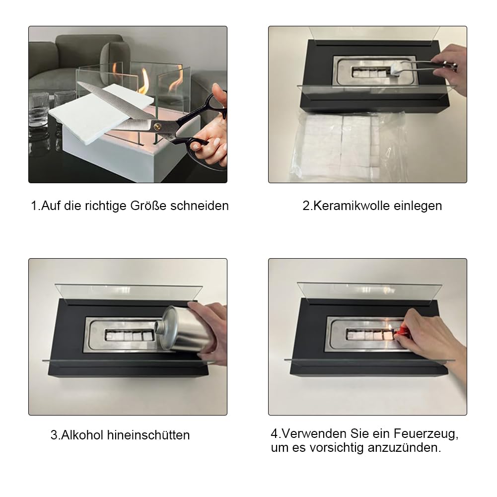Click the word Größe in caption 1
click(x=148, y=206)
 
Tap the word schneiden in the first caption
click(x=200, y=206)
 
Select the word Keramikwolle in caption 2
click(x=352, y=206)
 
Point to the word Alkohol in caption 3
click(x=82, y=435)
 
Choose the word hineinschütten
click(x=148, y=435)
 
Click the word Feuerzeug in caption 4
click(x=426, y=433)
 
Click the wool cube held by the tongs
click(x=396, y=69)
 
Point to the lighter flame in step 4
click(x=390, y=328)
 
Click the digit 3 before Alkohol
click(x=54, y=435)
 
